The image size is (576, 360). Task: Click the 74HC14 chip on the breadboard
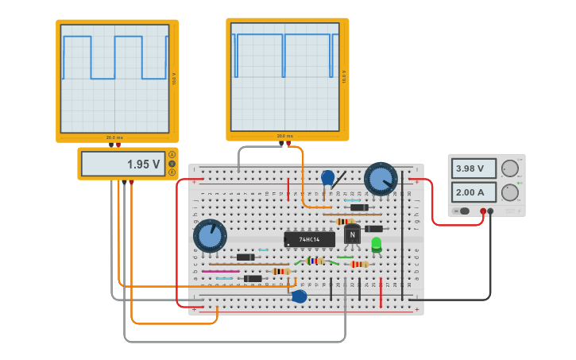click(309, 238)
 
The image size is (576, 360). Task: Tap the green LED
click(377, 244)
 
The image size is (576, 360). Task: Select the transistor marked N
click(352, 235)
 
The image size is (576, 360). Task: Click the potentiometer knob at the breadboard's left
click(210, 236)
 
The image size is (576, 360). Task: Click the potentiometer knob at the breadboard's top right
click(381, 178)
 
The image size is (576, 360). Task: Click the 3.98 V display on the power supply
click(474, 168)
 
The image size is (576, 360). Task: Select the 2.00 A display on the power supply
click(474, 192)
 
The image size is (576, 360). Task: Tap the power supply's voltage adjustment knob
click(509, 168)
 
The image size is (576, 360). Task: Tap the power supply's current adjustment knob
click(509, 192)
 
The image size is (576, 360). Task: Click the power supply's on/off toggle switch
click(463, 211)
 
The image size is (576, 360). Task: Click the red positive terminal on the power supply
click(483, 211)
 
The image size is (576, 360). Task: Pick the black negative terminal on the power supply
click(491, 211)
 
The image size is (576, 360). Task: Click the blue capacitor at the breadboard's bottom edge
click(300, 296)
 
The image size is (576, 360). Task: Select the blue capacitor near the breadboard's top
click(327, 177)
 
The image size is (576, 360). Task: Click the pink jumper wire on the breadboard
click(220, 271)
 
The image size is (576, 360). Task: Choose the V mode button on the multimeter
click(172, 163)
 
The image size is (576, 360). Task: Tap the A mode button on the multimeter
click(172, 154)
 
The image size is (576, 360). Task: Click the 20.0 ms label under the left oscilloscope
click(115, 137)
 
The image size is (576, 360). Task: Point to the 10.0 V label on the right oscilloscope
click(343, 76)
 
